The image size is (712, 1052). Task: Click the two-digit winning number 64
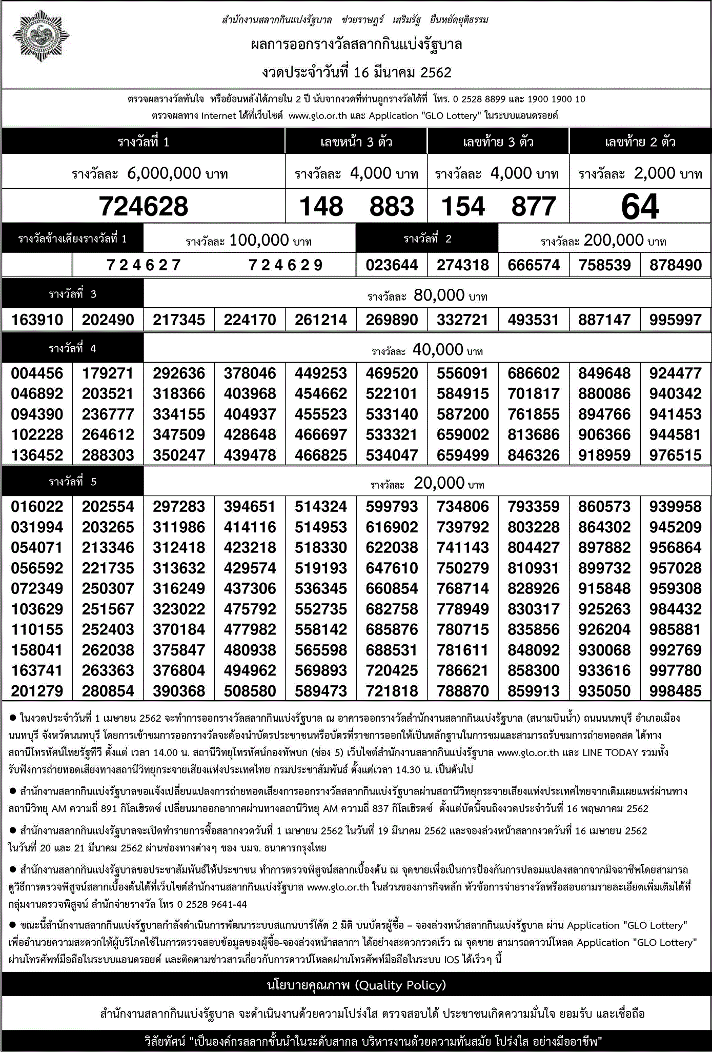pos(640,207)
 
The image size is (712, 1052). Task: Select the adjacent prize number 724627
pos(144,265)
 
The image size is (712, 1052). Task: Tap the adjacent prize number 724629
pos(286,265)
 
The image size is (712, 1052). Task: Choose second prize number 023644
pos(392,265)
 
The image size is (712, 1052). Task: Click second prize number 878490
pos(676,265)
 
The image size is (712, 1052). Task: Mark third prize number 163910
pos(37,320)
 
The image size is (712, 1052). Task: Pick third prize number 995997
pos(676,320)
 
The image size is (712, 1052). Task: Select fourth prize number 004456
pos(37,373)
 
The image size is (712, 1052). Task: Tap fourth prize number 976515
pos(676,455)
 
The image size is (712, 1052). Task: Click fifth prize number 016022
pos(37,507)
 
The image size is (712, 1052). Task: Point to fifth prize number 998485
pos(676,691)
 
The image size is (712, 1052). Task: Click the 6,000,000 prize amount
pos(164,173)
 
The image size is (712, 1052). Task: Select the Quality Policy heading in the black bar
pos(356,985)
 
